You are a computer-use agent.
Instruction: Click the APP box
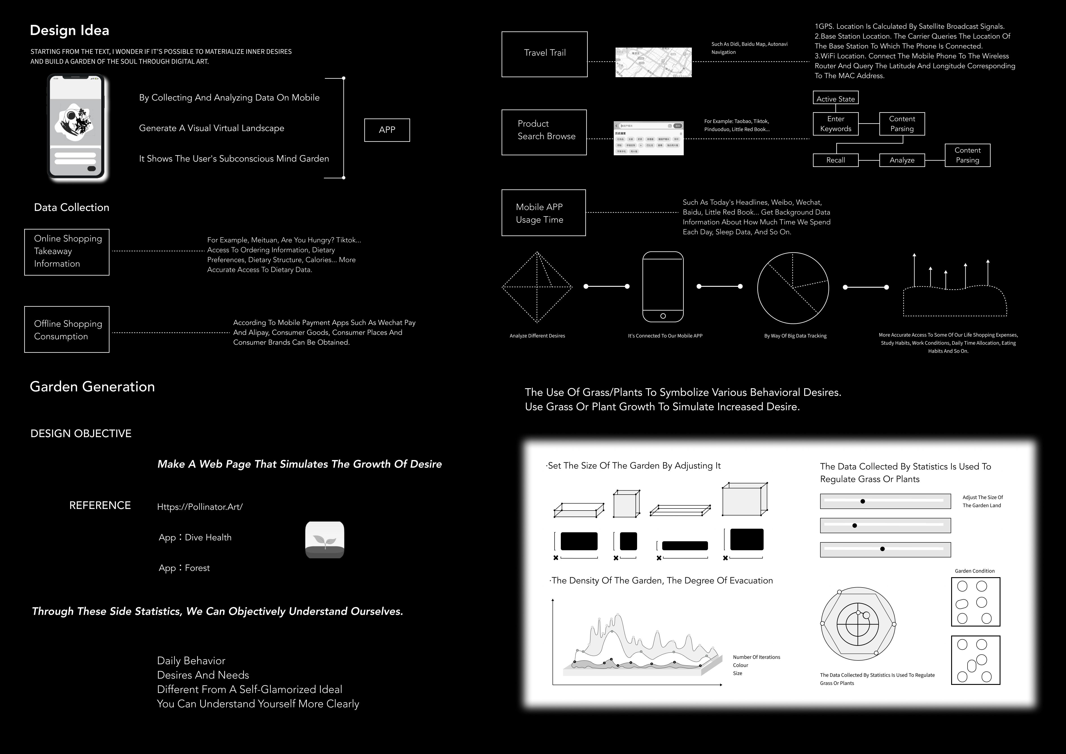click(387, 130)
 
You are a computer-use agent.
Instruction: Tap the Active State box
click(835, 99)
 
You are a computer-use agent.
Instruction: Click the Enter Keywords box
click(835, 124)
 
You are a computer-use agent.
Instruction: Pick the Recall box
click(835, 160)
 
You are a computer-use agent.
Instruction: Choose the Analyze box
click(902, 160)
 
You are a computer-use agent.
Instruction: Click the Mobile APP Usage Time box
click(543, 213)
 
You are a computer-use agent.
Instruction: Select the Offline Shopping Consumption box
click(67, 329)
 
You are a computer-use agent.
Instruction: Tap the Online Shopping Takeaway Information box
click(67, 252)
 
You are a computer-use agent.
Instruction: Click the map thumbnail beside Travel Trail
click(653, 62)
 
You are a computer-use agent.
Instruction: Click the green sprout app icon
click(325, 540)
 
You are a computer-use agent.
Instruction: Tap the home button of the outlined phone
click(662, 316)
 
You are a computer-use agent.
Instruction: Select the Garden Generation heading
click(92, 386)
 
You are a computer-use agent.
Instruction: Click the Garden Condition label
click(974, 571)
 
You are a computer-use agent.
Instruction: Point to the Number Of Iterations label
click(756, 657)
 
